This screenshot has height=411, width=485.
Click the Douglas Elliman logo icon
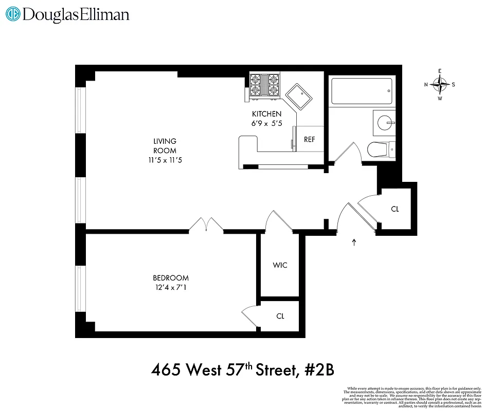coord(13,14)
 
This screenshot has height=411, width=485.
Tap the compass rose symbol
coord(440,85)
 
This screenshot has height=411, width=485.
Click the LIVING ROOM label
coord(165,145)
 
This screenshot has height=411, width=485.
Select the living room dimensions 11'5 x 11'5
coord(165,160)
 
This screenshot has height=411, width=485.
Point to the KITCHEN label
coord(266,114)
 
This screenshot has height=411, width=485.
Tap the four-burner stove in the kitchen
coord(264,85)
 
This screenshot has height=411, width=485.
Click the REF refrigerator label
coord(309,139)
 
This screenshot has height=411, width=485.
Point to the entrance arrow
coord(354,242)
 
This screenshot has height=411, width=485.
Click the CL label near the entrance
coord(395,209)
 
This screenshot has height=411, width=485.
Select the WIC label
coord(280,265)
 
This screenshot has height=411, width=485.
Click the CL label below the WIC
coord(280,316)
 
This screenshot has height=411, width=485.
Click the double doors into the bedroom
coord(206,224)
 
